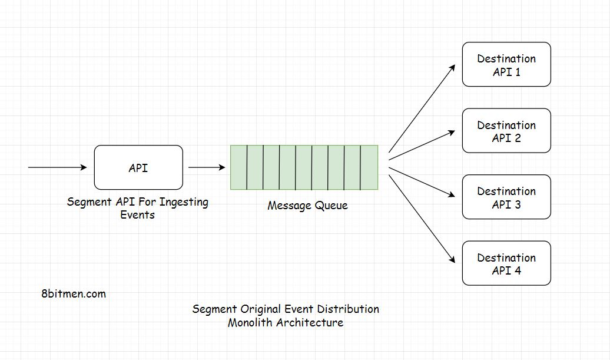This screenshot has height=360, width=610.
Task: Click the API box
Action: point(138,168)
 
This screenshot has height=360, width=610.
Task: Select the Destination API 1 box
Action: point(506,65)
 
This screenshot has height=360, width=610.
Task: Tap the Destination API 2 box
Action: point(506,131)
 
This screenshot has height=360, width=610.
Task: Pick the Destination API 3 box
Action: point(506,197)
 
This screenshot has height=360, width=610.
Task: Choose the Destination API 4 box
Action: point(506,263)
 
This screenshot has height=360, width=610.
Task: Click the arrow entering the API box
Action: point(57,168)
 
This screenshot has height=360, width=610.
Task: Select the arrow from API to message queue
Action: point(207,168)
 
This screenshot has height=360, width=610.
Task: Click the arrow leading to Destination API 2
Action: point(422,144)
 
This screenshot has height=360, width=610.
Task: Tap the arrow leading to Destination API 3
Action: point(422,182)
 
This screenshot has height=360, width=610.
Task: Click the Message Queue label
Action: point(307,206)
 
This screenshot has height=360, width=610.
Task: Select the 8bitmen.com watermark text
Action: point(74,293)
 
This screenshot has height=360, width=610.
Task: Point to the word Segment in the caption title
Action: point(214,309)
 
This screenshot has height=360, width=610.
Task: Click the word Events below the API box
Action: point(137,215)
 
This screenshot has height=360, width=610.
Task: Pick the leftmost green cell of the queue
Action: point(238,167)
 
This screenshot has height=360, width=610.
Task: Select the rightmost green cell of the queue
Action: point(369,167)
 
